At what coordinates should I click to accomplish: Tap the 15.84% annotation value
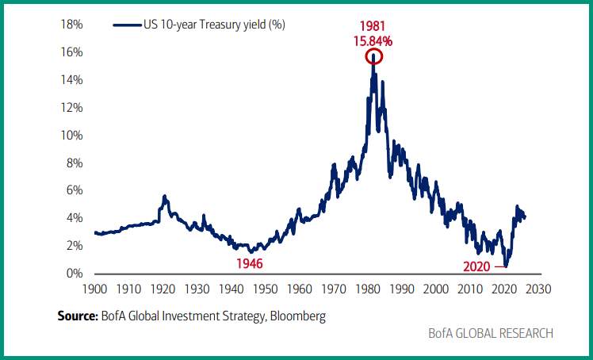[x=373, y=41]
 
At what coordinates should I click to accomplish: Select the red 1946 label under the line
[x=250, y=263]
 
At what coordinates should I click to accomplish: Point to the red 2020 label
[x=476, y=266]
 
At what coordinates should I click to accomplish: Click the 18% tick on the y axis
[x=72, y=25]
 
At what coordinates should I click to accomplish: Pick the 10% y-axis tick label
[x=72, y=136]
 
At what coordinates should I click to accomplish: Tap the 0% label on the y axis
[x=75, y=273]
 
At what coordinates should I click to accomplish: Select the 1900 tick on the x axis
[x=94, y=289]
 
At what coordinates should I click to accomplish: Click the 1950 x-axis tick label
[x=265, y=289]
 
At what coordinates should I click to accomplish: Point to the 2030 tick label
[x=538, y=289]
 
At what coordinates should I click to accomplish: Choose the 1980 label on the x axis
[x=368, y=289]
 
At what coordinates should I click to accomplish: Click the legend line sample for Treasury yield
[x=128, y=25]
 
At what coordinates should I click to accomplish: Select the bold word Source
[x=78, y=316]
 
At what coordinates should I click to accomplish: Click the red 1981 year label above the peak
[x=372, y=26]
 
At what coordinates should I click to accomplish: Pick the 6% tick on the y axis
[x=75, y=190]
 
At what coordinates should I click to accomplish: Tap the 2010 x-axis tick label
[x=470, y=289]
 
